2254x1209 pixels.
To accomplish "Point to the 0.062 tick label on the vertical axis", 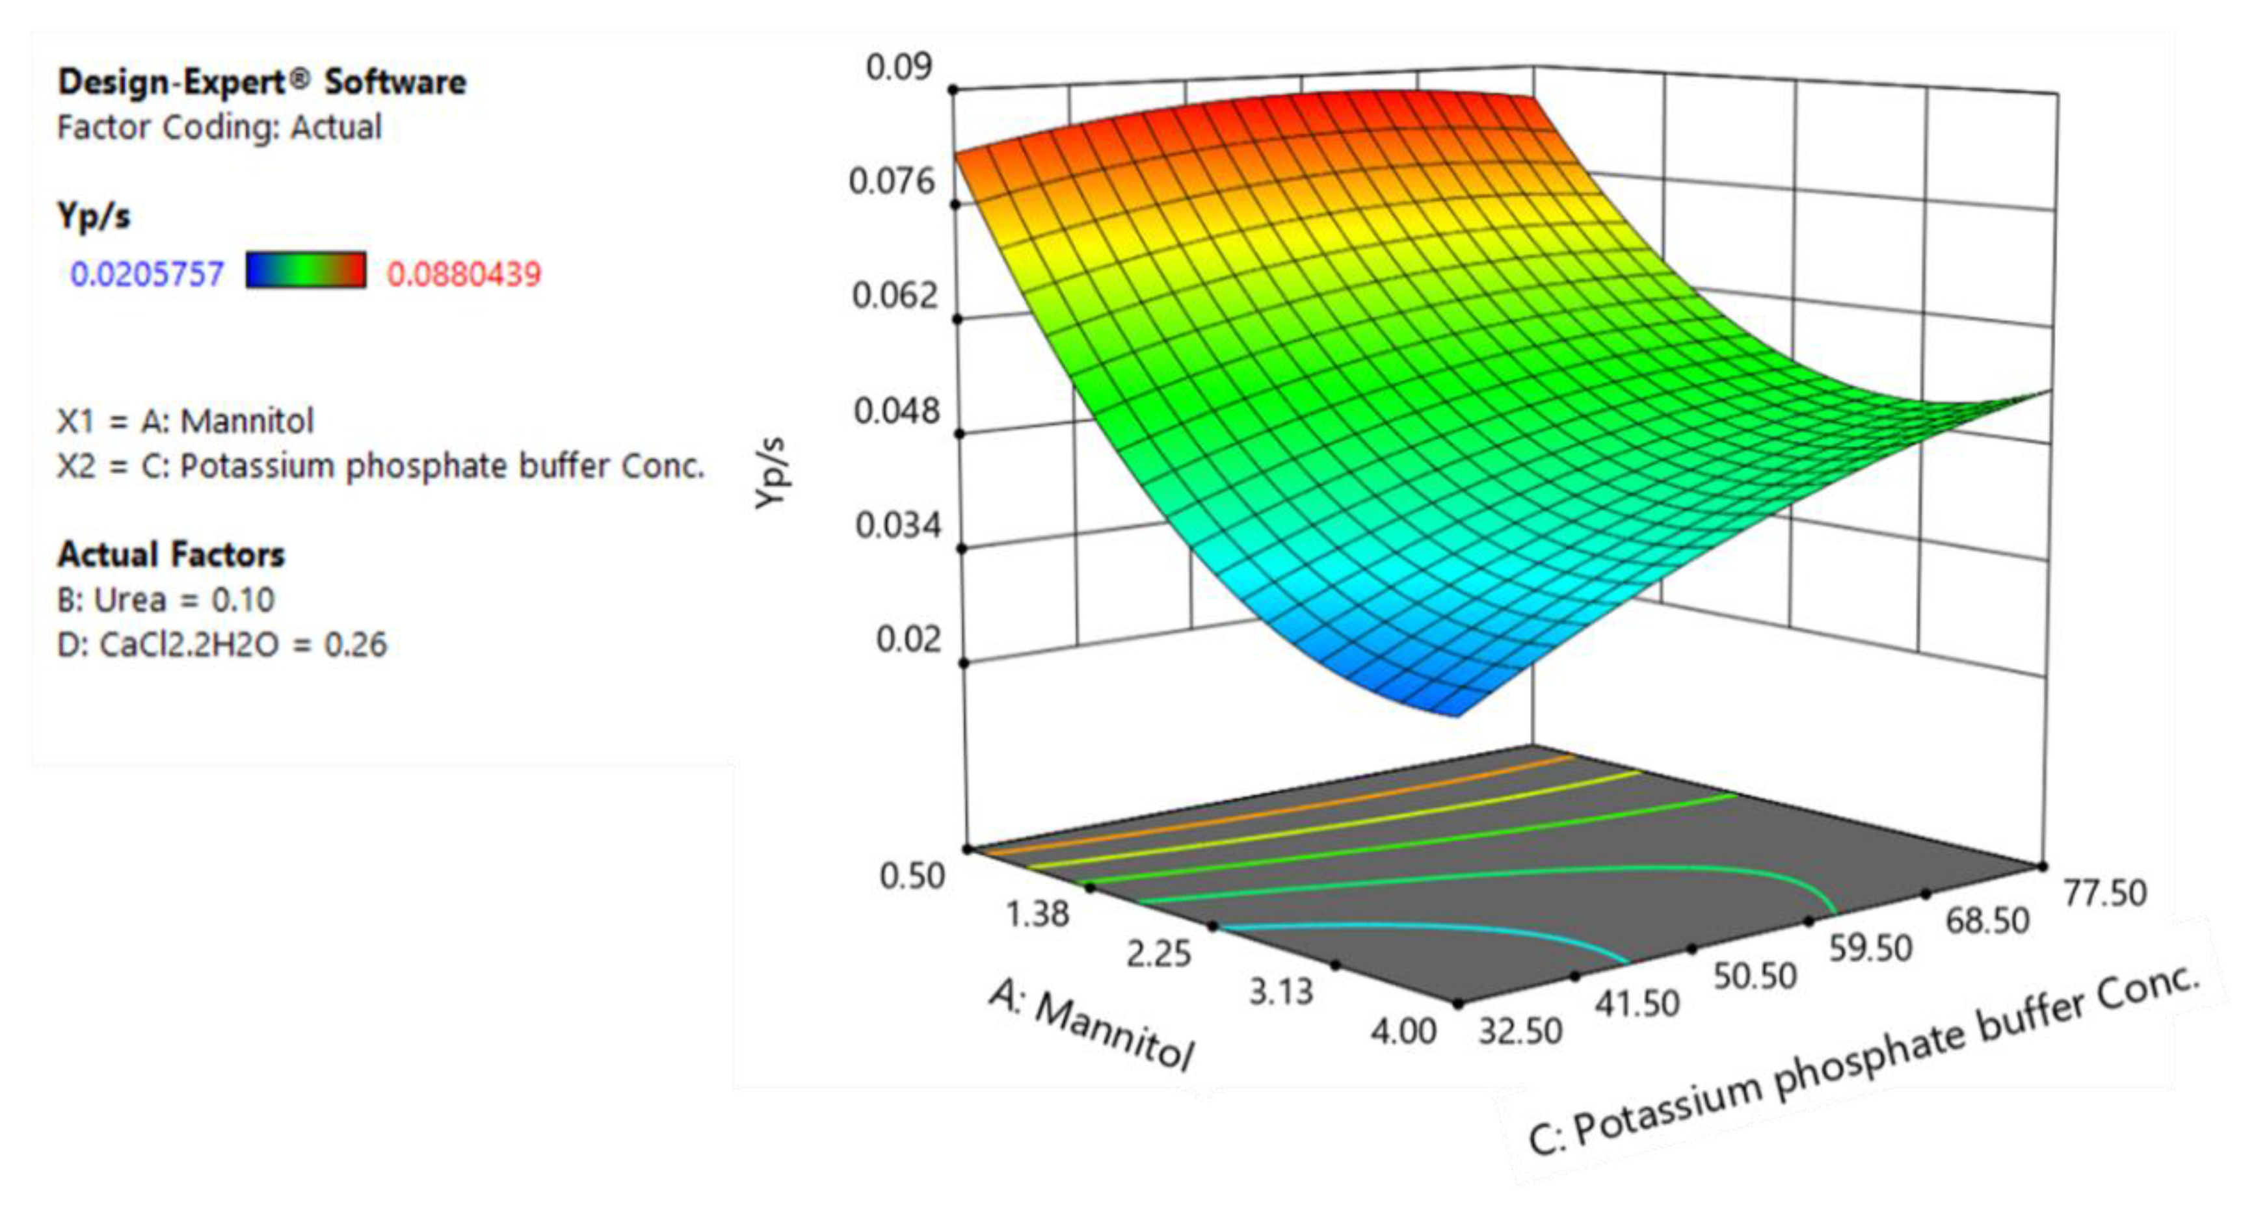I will tap(894, 296).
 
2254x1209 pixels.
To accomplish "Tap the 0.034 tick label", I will tap(897, 525).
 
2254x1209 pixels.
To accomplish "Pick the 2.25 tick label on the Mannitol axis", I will tap(1158, 953).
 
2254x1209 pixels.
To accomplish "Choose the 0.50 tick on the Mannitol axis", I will tap(912, 875).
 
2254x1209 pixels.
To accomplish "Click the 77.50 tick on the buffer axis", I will tap(2104, 893).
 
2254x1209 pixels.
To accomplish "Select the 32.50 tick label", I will tap(1520, 1032).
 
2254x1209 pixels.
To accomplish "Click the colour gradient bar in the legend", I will tap(306, 270).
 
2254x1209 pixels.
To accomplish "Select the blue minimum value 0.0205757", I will tap(147, 275).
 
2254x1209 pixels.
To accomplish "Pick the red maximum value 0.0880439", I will tap(464, 275).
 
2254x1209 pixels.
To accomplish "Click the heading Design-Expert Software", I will tap(261, 83).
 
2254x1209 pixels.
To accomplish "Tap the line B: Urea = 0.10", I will tap(165, 600).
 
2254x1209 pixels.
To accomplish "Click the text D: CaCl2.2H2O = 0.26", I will tap(221, 645).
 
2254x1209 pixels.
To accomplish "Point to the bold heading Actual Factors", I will tap(170, 554).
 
